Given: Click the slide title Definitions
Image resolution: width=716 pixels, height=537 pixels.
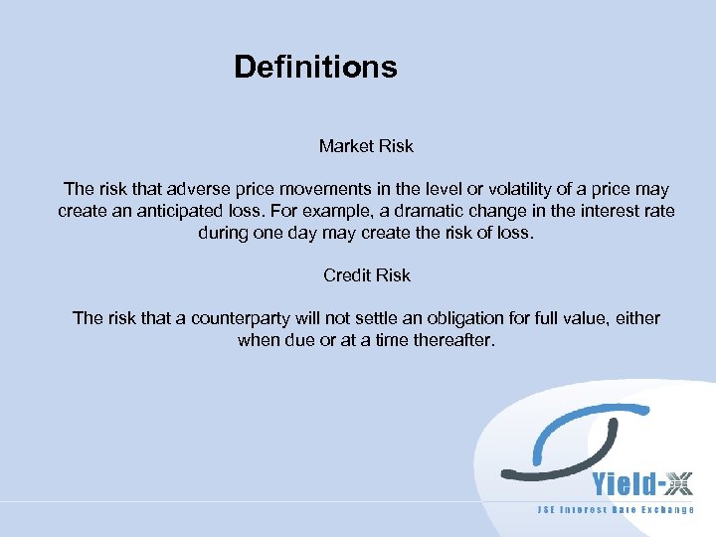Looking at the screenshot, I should click(x=315, y=67).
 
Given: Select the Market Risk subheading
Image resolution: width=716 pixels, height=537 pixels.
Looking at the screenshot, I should click(x=366, y=146).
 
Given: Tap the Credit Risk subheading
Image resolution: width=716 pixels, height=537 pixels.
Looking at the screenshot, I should click(x=366, y=275).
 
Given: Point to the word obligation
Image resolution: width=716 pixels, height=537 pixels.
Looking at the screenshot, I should click(x=447, y=318).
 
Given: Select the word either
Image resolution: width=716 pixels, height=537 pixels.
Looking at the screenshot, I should click(x=638, y=318).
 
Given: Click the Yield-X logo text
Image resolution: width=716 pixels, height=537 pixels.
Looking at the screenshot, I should click(x=642, y=484).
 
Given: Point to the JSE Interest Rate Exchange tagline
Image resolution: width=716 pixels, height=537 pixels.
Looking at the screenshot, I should click(x=616, y=510).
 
